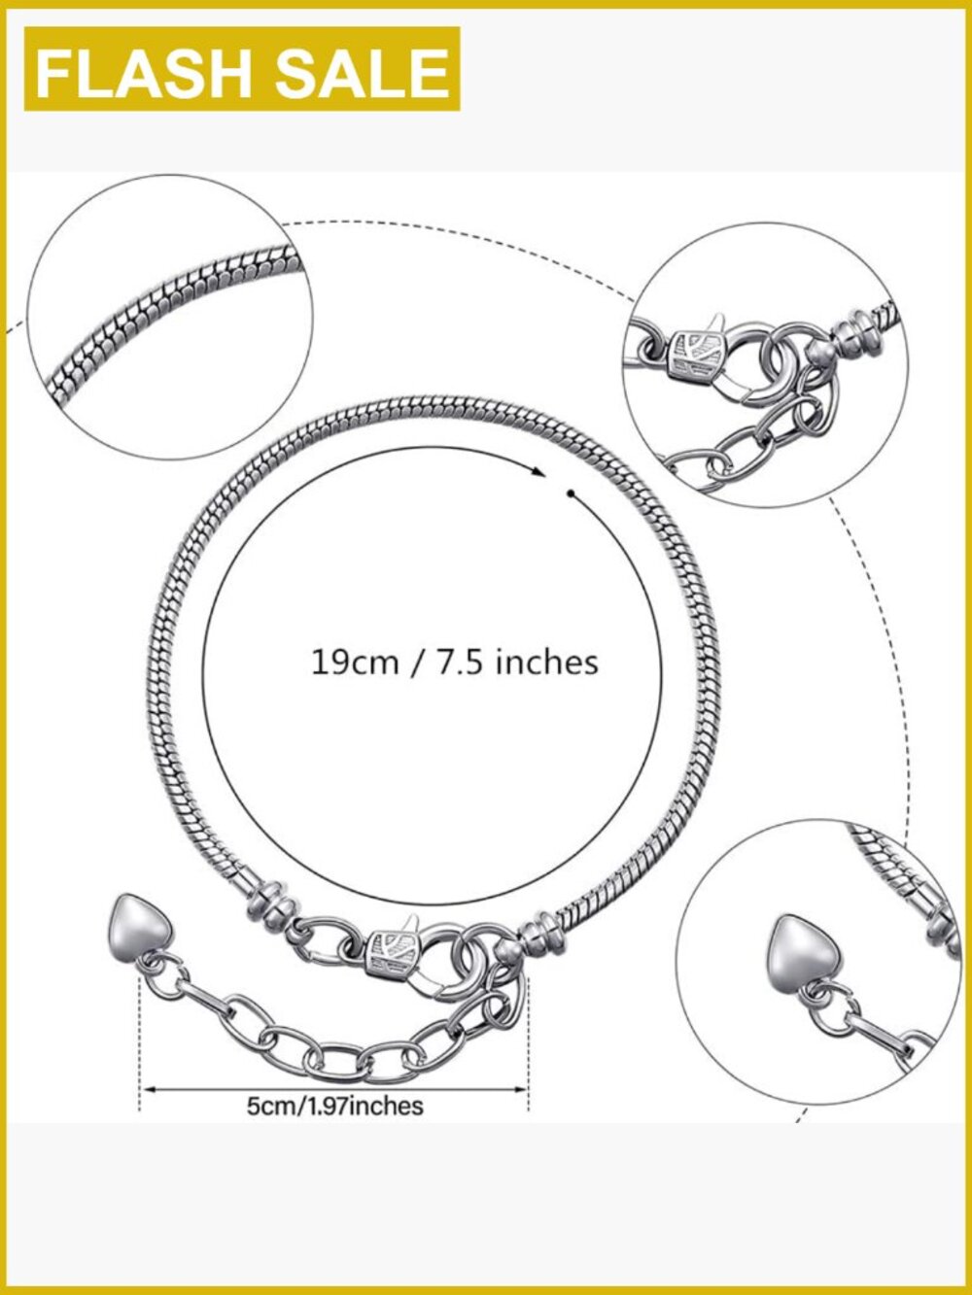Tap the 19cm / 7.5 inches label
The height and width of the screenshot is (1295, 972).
pos(455,662)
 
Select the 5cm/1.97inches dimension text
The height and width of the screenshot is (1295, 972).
pos(334,1107)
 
